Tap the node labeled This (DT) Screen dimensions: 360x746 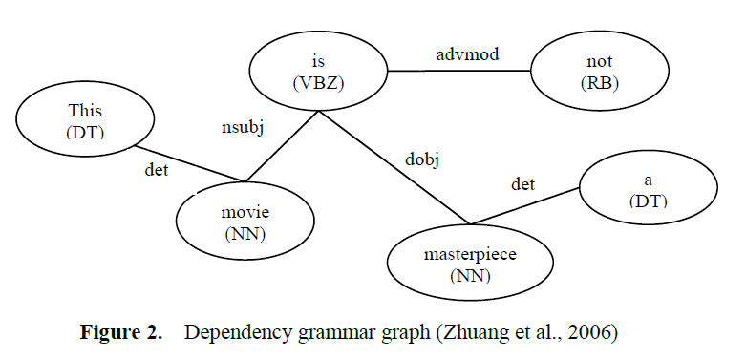85,121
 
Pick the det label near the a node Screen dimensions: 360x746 522,183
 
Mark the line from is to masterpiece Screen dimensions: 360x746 392,167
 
